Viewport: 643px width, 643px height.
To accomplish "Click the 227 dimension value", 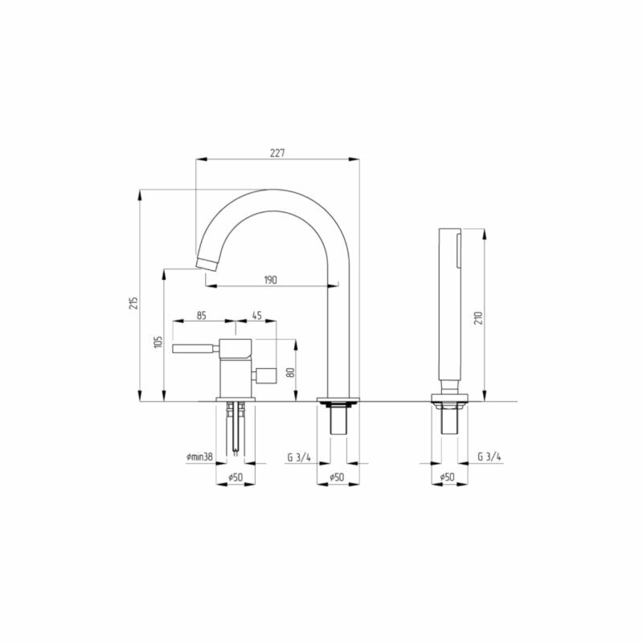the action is tap(277, 154).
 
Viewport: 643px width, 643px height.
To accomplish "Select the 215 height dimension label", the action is tap(133, 303).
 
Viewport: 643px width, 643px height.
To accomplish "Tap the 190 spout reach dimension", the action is tap(270, 280).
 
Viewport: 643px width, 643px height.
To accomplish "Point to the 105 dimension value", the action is tap(159, 342).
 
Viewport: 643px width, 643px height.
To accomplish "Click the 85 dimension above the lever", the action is tap(202, 316).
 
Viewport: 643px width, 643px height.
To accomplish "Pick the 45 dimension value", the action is tap(256, 316).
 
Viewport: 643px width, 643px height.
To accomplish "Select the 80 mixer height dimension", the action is tap(290, 372).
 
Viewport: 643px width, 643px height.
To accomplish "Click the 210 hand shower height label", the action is tap(478, 317).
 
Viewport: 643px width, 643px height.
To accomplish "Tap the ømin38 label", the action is tap(199, 457).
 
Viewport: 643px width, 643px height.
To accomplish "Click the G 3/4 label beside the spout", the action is tap(299, 457).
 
